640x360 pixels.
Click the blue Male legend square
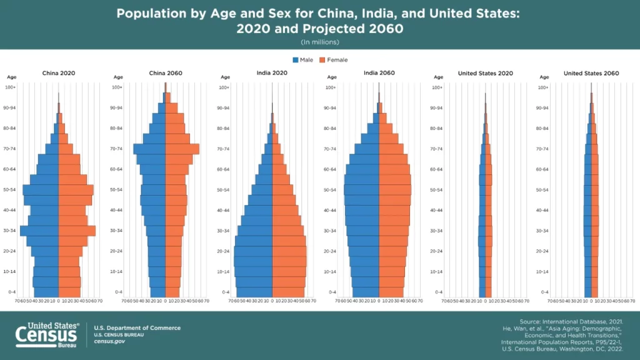[296, 60]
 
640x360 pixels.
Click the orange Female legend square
[322, 60]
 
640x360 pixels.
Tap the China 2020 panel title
[59, 73]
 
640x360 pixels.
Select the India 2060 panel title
[379, 73]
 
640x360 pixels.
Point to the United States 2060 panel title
[591, 73]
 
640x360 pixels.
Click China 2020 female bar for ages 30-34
[76, 231]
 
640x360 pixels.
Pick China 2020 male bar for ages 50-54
[41, 190]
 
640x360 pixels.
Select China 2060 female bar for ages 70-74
[182, 149]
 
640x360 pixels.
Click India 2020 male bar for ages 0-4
[254, 292]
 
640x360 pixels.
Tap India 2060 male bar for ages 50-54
[361, 190]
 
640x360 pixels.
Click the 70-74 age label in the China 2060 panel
[116, 149]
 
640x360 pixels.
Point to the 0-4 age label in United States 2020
[437, 292]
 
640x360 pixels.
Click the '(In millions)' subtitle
[319, 42]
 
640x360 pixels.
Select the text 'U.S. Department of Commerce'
[137, 328]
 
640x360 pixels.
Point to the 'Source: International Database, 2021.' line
[571, 321]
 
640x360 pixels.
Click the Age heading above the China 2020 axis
[12, 77]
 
